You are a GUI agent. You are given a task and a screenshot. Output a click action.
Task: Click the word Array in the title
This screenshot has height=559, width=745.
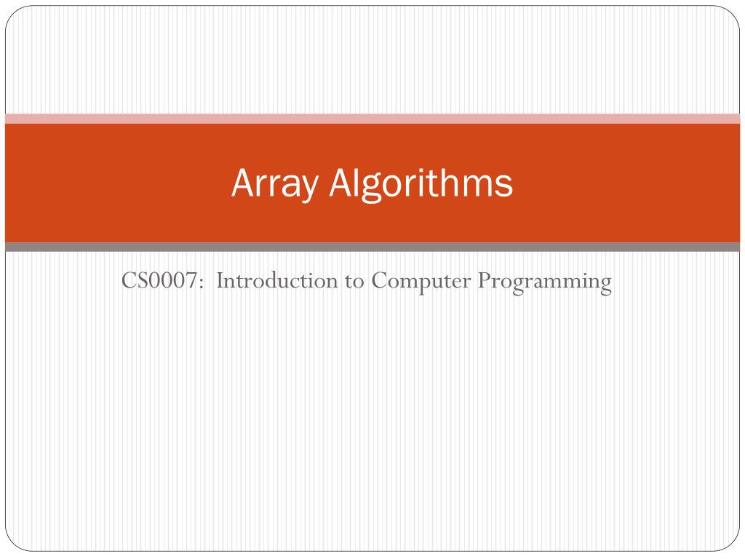pyautogui.click(x=274, y=183)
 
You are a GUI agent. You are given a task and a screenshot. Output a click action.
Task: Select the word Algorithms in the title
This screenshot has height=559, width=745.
pyautogui.click(x=421, y=183)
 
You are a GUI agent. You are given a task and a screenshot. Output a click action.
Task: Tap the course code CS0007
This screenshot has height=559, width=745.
pyautogui.click(x=161, y=281)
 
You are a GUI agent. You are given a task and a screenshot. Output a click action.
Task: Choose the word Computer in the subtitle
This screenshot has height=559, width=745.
pyautogui.click(x=421, y=281)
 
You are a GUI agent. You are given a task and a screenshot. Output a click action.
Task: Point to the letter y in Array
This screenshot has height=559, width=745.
pyautogui.click(x=308, y=188)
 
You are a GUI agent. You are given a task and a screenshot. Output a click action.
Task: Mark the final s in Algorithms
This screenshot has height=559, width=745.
pyautogui.click(x=506, y=186)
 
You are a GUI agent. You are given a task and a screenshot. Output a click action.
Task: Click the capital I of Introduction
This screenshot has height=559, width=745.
pyautogui.click(x=220, y=281)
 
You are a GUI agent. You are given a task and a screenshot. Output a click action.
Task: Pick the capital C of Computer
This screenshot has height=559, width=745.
pyautogui.click(x=378, y=281)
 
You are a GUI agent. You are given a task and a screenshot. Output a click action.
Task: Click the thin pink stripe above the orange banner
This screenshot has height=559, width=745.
pyautogui.click(x=372, y=119)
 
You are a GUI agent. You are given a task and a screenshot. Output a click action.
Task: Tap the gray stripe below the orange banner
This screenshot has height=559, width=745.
pyautogui.click(x=372, y=247)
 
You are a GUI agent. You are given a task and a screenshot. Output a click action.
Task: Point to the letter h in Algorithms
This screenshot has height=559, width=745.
pyautogui.click(x=453, y=183)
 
